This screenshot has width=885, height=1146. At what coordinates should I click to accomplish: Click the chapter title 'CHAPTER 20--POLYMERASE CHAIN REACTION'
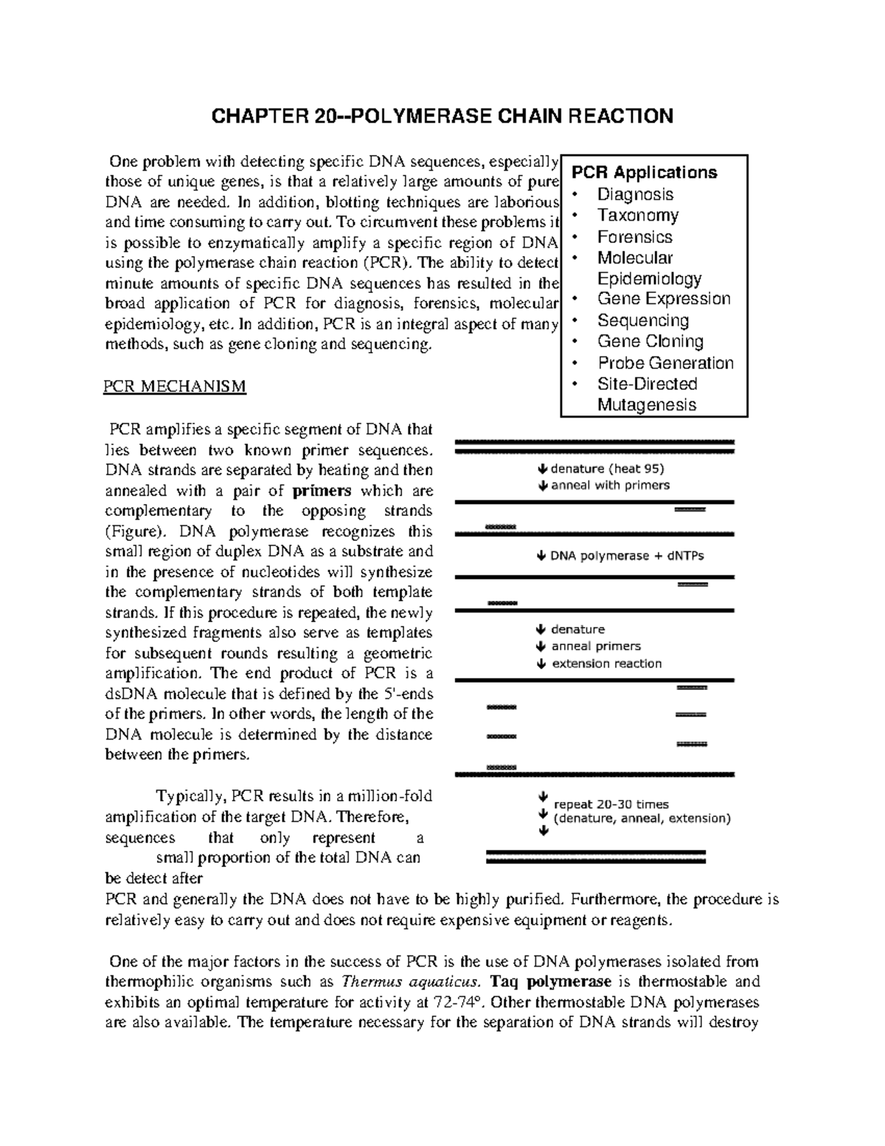pyautogui.click(x=442, y=117)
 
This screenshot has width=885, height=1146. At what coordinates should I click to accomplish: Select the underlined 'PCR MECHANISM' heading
pyautogui.click(x=175, y=387)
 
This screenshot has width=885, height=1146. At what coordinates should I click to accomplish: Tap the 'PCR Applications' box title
pyautogui.click(x=645, y=173)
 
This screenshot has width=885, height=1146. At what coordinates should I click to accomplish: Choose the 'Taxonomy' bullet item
pyautogui.click(x=637, y=215)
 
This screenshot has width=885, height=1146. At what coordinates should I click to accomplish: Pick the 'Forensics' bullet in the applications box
pyautogui.click(x=634, y=237)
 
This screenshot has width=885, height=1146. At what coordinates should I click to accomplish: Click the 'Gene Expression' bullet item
pyautogui.click(x=663, y=299)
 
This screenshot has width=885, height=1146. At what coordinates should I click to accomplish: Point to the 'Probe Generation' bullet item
pyautogui.click(x=665, y=363)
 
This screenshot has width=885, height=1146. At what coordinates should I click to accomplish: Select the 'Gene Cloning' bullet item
pyautogui.click(x=650, y=342)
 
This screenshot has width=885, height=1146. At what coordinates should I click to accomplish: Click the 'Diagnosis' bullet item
pyautogui.click(x=635, y=194)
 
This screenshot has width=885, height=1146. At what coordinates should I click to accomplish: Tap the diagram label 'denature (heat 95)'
pyautogui.click(x=607, y=469)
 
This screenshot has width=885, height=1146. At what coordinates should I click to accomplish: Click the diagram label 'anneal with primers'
pyautogui.click(x=610, y=486)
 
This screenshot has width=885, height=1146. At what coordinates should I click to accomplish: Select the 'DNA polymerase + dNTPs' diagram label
pyautogui.click(x=626, y=556)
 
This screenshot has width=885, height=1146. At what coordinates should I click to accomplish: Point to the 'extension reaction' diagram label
pyautogui.click(x=606, y=663)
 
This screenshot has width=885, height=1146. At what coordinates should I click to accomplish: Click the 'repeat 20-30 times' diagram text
pyautogui.click(x=611, y=804)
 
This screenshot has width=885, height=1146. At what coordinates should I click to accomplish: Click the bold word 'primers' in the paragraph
pyautogui.click(x=322, y=491)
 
